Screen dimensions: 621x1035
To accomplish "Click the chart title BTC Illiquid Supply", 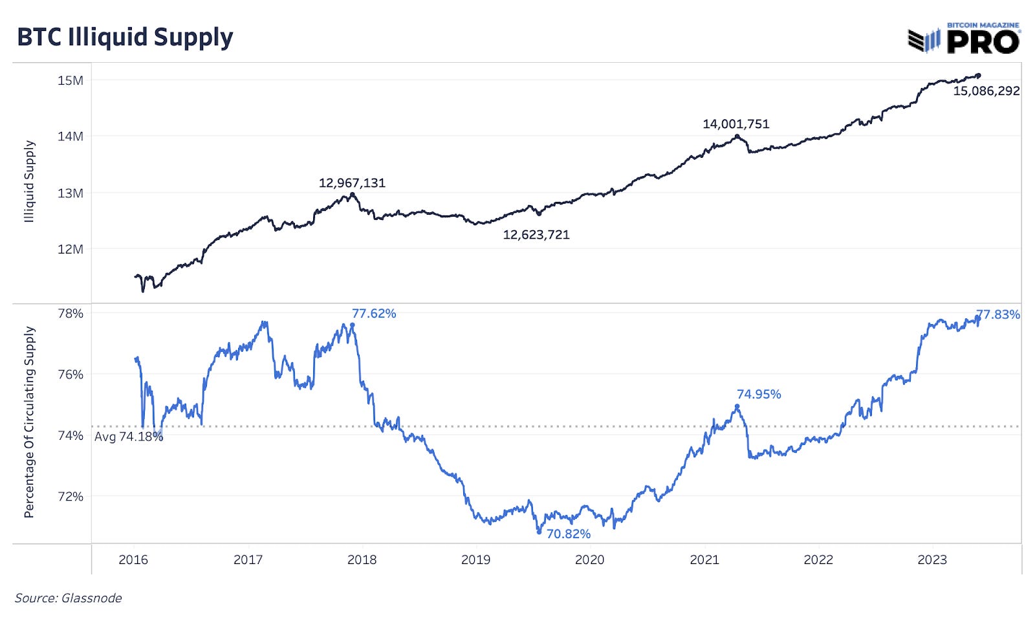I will pyautogui.click(x=125, y=38).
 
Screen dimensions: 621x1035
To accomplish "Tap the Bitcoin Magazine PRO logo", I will pyautogui.click(x=964, y=39).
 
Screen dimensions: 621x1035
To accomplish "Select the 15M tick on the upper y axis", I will pyautogui.click(x=71, y=81).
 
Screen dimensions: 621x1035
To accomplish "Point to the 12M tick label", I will pyautogui.click(x=71, y=249).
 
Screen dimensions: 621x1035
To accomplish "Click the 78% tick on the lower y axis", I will pyautogui.click(x=71, y=314).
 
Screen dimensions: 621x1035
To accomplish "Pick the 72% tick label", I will pyautogui.click(x=71, y=497).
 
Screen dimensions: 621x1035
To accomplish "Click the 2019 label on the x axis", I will pyautogui.click(x=475, y=560).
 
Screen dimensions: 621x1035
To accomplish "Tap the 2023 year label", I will pyautogui.click(x=931, y=560).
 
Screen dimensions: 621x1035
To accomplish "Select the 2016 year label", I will pyautogui.click(x=133, y=560).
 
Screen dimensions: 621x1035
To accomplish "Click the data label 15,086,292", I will pyautogui.click(x=986, y=91).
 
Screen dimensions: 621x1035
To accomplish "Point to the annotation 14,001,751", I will pyautogui.click(x=736, y=124).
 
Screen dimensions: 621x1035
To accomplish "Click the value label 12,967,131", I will pyautogui.click(x=352, y=183).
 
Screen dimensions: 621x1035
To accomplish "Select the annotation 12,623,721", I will pyautogui.click(x=536, y=235).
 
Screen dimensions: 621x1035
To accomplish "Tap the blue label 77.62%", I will pyautogui.click(x=374, y=314).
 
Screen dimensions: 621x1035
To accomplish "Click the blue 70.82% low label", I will pyautogui.click(x=569, y=534).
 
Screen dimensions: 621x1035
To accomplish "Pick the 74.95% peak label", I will pyautogui.click(x=759, y=395).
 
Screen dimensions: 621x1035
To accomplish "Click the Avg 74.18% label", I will pyautogui.click(x=129, y=437).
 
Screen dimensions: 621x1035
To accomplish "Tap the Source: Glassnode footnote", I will pyautogui.click(x=69, y=598).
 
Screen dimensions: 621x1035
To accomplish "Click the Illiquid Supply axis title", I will pyautogui.click(x=29, y=182).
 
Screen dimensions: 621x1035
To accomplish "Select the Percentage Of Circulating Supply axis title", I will pyautogui.click(x=29, y=422).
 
